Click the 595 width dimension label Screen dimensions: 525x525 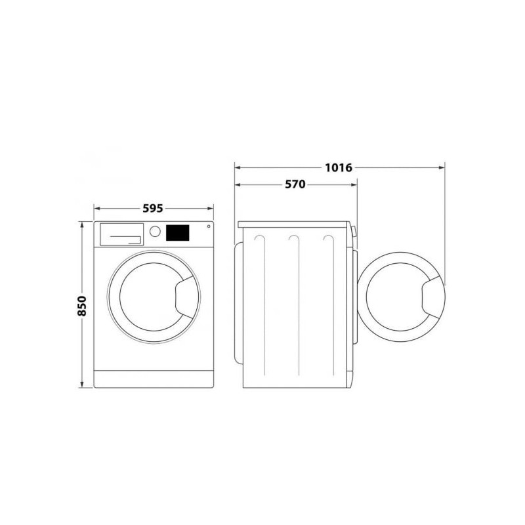coord(153,208)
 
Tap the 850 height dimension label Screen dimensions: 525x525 coord(81,306)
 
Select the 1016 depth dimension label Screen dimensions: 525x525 coord(339,167)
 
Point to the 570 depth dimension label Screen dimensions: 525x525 coord(295,184)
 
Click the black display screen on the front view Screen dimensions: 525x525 coord(177,233)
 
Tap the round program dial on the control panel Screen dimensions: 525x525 coord(155,232)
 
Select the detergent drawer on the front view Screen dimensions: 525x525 coord(122,234)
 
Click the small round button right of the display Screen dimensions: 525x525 coord(209,226)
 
